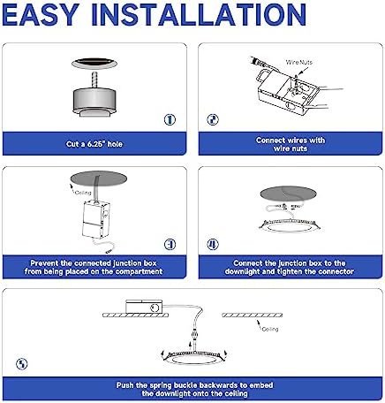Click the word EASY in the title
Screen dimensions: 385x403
41,15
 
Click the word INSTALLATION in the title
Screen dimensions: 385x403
199,15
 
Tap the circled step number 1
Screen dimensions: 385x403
170,119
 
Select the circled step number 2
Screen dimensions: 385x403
213,119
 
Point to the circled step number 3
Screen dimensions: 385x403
170,244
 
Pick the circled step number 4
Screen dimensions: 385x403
213,244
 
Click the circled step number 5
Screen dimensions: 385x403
22,364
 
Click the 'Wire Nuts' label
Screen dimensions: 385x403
299,62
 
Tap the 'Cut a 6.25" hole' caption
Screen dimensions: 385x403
94,144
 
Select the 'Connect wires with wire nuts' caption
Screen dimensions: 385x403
291,144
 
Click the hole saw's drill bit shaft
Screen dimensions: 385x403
94,80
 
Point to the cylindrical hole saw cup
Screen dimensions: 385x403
94,100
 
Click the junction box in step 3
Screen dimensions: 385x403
95,219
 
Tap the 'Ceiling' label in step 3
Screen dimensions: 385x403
83,193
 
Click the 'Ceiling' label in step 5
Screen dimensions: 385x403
270,329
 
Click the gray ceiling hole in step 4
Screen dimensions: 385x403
288,194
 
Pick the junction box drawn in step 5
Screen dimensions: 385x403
144,307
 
